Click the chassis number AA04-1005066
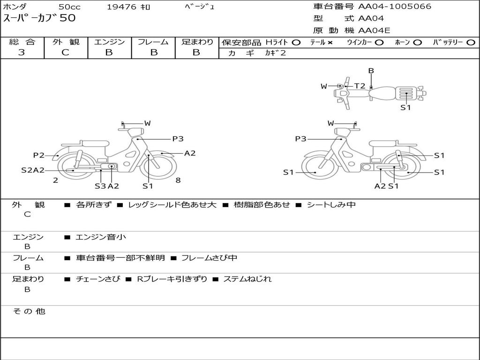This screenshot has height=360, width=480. (x=395, y=7)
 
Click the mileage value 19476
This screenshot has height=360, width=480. (x=122, y=7)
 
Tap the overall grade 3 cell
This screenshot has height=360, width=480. (x=22, y=52)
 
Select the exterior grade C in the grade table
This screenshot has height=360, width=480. (x=65, y=52)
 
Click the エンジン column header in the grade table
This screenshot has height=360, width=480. (x=109, y=42)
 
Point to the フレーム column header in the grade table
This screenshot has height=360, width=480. (x=153, y=42)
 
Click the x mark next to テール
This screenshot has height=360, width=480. (x=330, y=42)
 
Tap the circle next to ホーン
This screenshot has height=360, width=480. (x=418, y=42)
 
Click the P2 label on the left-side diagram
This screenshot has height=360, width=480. (x=38, y=155)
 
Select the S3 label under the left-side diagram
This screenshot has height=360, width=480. (x=100, y=186)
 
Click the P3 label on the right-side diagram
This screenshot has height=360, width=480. (x=300, y=139)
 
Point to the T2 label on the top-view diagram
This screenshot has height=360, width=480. (x=360, y=86)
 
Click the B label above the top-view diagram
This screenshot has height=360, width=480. (x=371, y=71)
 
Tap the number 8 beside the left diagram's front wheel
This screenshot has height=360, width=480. (x=178, y=180)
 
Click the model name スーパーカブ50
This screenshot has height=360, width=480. (x=39, y=19)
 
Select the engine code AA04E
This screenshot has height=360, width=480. (x=374, y=30)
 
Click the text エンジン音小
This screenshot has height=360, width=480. (x=101, y=237)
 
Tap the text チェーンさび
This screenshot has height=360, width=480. (x=95, y=279)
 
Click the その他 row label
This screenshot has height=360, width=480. (x=29, y=311)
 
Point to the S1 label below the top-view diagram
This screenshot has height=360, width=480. (x=405, y=107)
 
